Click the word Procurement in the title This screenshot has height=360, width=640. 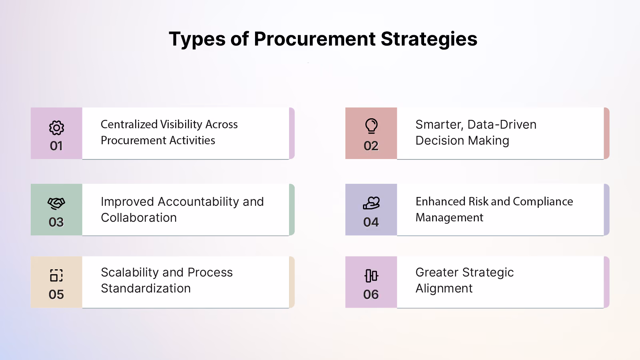tap(315, 39)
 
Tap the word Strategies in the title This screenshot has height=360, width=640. tap(429, 40)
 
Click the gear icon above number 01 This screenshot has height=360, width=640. tap(57, 127)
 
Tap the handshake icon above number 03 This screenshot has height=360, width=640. tap(56, 203)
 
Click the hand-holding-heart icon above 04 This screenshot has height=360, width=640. tap(371, 203)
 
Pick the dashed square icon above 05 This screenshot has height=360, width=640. tap(56, 276)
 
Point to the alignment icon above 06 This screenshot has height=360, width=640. tap(371, 276)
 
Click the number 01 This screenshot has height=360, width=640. tap(56, 146)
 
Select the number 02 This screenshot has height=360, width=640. tap(371, 146)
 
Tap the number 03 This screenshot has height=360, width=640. tap(56, 222)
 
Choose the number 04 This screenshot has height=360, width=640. tap(371, 222)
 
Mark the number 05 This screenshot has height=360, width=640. tap(56, 294)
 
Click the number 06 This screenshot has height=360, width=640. tap(371, 294)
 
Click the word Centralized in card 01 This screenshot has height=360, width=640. tap(129, 125)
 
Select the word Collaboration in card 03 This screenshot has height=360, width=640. tap(139, 217)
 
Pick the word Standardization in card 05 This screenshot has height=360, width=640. tap(146, 288)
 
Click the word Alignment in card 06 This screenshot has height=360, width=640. tap(444, 288)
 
